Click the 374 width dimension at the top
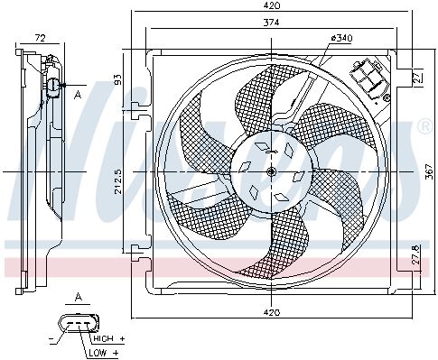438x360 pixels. tap(271, 23)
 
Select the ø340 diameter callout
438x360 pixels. tap(341, 38)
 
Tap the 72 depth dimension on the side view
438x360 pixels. tap(40, 38)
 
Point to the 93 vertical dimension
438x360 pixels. tap(118, 79)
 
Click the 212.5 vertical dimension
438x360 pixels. tap(118, 181)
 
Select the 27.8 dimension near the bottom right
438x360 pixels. tap(415, 255)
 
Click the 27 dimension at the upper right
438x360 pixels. tap(415, 77)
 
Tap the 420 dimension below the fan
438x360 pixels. tap(272, 312)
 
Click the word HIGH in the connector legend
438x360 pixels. tap(104, 338)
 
